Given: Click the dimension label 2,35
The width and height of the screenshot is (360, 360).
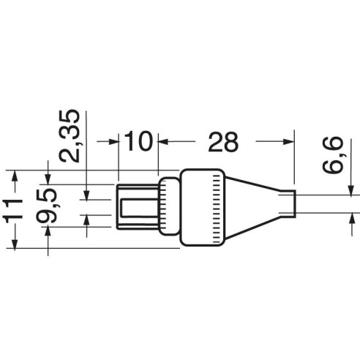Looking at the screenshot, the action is (x=70, y=136).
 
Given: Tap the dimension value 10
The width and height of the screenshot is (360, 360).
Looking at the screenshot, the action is (x=138, y=141).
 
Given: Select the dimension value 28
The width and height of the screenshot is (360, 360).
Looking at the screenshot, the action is (x=223, y=142).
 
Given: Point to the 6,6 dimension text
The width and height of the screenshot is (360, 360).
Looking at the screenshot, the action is (x=333, y=155).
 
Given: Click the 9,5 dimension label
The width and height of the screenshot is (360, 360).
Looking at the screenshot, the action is (x=47, y=206).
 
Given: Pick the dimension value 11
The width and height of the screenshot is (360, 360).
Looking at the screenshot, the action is (x=13, y=209).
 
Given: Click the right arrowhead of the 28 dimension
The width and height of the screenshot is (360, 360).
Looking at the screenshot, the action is (x=288, y=141).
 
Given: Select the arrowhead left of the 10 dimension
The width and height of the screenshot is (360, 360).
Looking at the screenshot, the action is (x=113, y=141).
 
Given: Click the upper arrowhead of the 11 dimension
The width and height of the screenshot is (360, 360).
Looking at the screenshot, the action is (x=15, y=176).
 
